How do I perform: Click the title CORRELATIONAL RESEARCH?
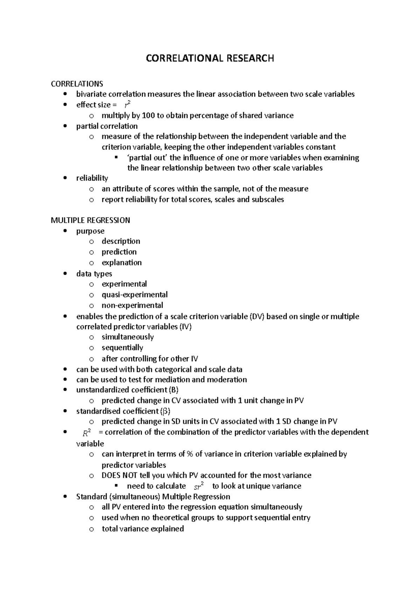pos(210,58)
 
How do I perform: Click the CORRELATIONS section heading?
pos(77,84)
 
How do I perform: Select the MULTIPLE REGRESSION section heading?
pos(90,220)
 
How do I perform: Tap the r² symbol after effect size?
pos(128,104)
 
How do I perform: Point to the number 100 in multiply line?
pos(148,116)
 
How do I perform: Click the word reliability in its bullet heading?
pos(92,178)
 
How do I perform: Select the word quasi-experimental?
pos(134,295)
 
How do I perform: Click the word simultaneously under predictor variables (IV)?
pos(128,337)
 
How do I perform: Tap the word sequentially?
pos(122,348)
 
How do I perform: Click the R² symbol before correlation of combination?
pos(87,432)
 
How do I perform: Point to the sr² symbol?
pos(198,486)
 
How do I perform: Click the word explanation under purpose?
pos(121,263)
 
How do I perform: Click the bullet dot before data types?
pos(65,274)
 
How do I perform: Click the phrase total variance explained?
pos(142,529)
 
